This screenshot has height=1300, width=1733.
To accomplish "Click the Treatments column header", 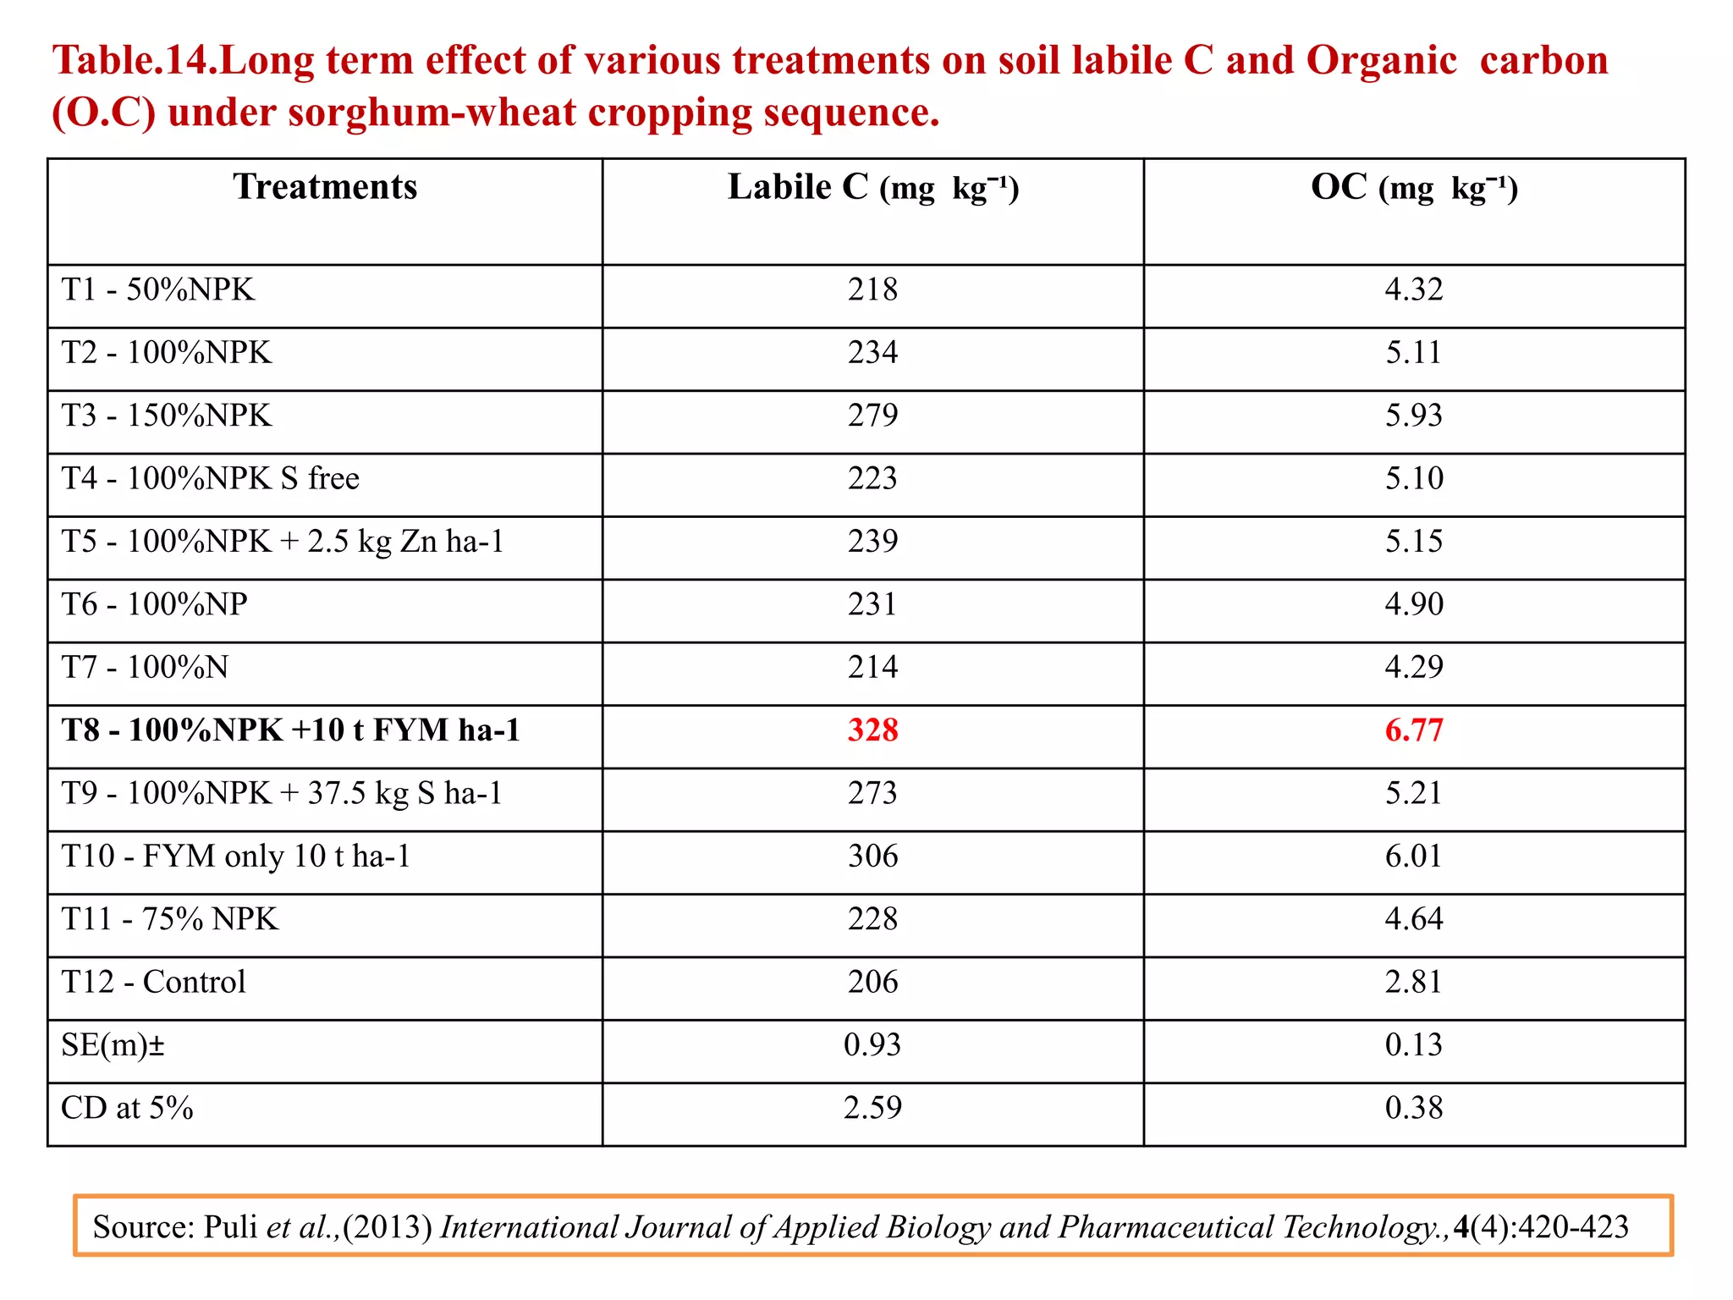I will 325,187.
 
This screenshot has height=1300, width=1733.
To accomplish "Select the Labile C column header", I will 872,187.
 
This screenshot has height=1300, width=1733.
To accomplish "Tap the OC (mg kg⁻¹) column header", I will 1413,187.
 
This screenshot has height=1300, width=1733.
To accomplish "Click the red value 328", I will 872,730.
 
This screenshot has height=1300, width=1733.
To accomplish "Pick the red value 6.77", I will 1413,730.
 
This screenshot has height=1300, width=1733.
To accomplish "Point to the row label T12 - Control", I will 153,982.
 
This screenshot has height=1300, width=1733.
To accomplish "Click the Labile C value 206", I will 872,982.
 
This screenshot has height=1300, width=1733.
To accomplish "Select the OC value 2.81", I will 1413,982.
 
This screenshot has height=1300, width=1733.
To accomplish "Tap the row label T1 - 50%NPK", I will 157,289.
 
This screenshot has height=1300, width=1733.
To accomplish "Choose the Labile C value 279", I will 872,415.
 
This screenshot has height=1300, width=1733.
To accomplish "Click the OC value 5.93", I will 1413,415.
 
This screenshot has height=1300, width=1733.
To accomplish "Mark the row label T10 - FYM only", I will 235,856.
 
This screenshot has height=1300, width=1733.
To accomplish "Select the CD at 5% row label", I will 127,1108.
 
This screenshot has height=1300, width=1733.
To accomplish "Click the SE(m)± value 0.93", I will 872,1044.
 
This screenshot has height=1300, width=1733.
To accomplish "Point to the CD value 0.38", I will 1413,1108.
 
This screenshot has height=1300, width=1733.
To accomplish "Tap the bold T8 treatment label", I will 290,730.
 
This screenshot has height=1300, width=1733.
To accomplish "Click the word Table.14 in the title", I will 134,61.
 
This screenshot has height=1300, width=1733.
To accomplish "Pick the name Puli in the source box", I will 229,1227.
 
